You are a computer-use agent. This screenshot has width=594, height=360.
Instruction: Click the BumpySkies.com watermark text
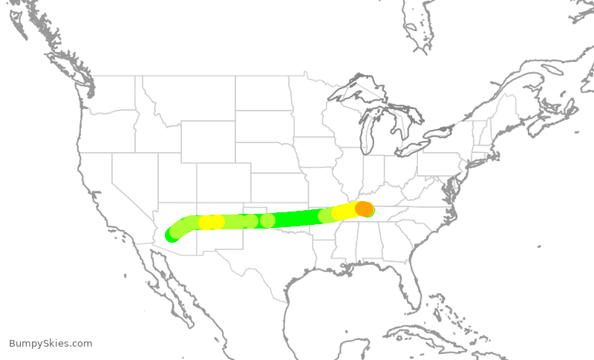click(50, 343)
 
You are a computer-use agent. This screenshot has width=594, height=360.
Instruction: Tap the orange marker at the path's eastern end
click(364, 209)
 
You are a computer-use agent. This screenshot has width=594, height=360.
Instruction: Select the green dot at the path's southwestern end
click(172, 235)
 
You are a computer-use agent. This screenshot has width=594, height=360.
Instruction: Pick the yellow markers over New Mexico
click(212, 222)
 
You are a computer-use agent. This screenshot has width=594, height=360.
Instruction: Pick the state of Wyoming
click(207, 141)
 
